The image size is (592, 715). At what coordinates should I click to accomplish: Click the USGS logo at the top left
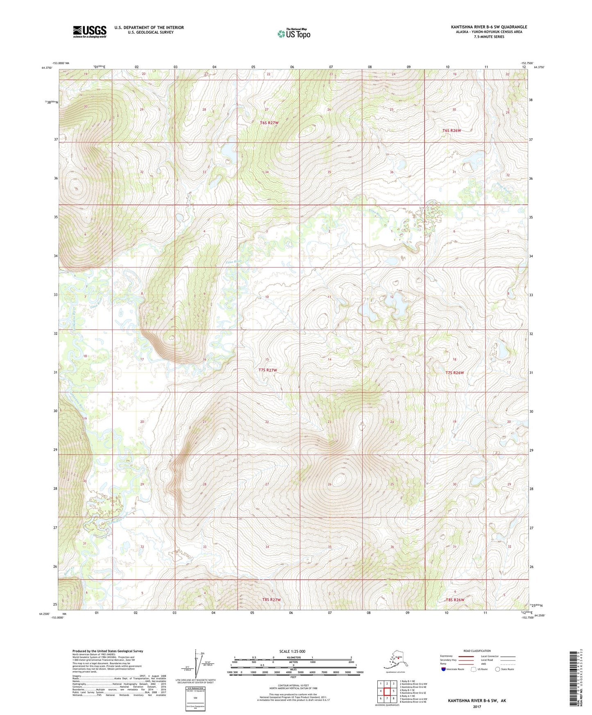89,32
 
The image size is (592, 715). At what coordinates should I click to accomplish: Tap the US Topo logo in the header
293,34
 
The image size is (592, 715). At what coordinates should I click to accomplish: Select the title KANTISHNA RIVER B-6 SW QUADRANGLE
489,27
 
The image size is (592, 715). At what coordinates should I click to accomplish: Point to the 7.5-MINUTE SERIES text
489,37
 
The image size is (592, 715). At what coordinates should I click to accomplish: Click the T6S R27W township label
269,123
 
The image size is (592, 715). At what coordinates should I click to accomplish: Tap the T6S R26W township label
451,131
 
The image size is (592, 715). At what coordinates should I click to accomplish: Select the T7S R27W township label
268,370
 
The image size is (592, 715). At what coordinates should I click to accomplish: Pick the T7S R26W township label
454,373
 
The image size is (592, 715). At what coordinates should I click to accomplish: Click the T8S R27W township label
271,600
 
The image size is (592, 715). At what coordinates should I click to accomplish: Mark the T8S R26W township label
455,600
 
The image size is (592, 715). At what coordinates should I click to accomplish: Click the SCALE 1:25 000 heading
292,652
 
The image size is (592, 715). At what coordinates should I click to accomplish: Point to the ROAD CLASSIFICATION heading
477,651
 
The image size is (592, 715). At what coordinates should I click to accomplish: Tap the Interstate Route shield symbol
443,669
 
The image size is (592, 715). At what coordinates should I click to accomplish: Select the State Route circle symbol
498,669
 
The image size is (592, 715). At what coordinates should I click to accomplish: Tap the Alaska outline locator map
395,660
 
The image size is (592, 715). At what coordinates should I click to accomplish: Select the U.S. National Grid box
195,699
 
